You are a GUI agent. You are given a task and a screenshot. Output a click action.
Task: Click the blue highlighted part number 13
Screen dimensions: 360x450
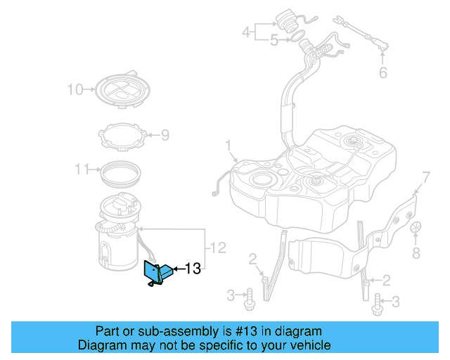(157, 273)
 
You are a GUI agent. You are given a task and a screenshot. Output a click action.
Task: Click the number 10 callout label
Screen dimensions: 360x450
(75, 89)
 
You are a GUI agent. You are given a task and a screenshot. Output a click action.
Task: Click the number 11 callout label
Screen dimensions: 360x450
(82, 169)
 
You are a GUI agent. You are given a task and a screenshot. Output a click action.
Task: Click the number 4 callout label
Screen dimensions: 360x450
(246, 32)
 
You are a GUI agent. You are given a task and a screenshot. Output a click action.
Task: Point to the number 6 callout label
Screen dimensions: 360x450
(382, 72)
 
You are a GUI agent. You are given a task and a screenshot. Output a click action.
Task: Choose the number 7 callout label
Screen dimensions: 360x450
(424, 175)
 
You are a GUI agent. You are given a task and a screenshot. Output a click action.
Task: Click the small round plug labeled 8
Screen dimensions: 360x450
(416, 228)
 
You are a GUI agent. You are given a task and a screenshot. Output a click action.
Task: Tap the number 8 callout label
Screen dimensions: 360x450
(416, 252)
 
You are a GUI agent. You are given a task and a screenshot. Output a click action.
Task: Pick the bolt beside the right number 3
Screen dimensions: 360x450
(378, 302)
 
